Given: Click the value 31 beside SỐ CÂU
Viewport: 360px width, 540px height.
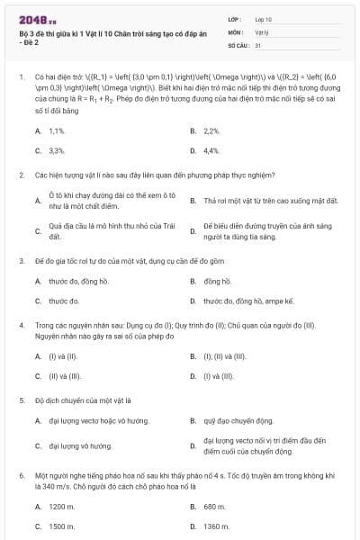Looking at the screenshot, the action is click(x=258, y=43).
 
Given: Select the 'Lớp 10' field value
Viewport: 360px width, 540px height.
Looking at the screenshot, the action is click(x=263, y=18).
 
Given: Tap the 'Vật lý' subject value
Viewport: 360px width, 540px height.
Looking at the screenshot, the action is click(x=261, y=31).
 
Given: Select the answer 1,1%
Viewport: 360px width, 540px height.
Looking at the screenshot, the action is click(x=57, y=130).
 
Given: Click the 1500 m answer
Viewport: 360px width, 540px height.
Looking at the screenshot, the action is click(x=61, y=526).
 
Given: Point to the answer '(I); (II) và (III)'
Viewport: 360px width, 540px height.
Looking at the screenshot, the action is click(x=225, y=355).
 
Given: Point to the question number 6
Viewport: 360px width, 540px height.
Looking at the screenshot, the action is click(x=20, y=474).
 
